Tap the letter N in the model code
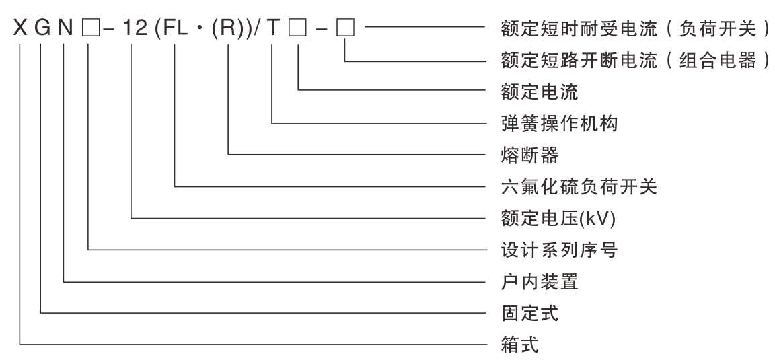pyautogui.click(x=65, y=30)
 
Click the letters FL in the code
pyautogui.click(x=176, y=30)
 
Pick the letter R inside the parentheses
pyautogui.click(x=229, y=30)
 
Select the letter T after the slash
pyautogui.click(x=272, y=30)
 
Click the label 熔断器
pyautogui.click(x=530, y=155)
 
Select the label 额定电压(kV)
pyautogui.click(x=559, y=218)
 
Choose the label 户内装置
pyautogui.click(x=540, y=281)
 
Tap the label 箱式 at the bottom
pyautogui.click(x=520, y=345)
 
